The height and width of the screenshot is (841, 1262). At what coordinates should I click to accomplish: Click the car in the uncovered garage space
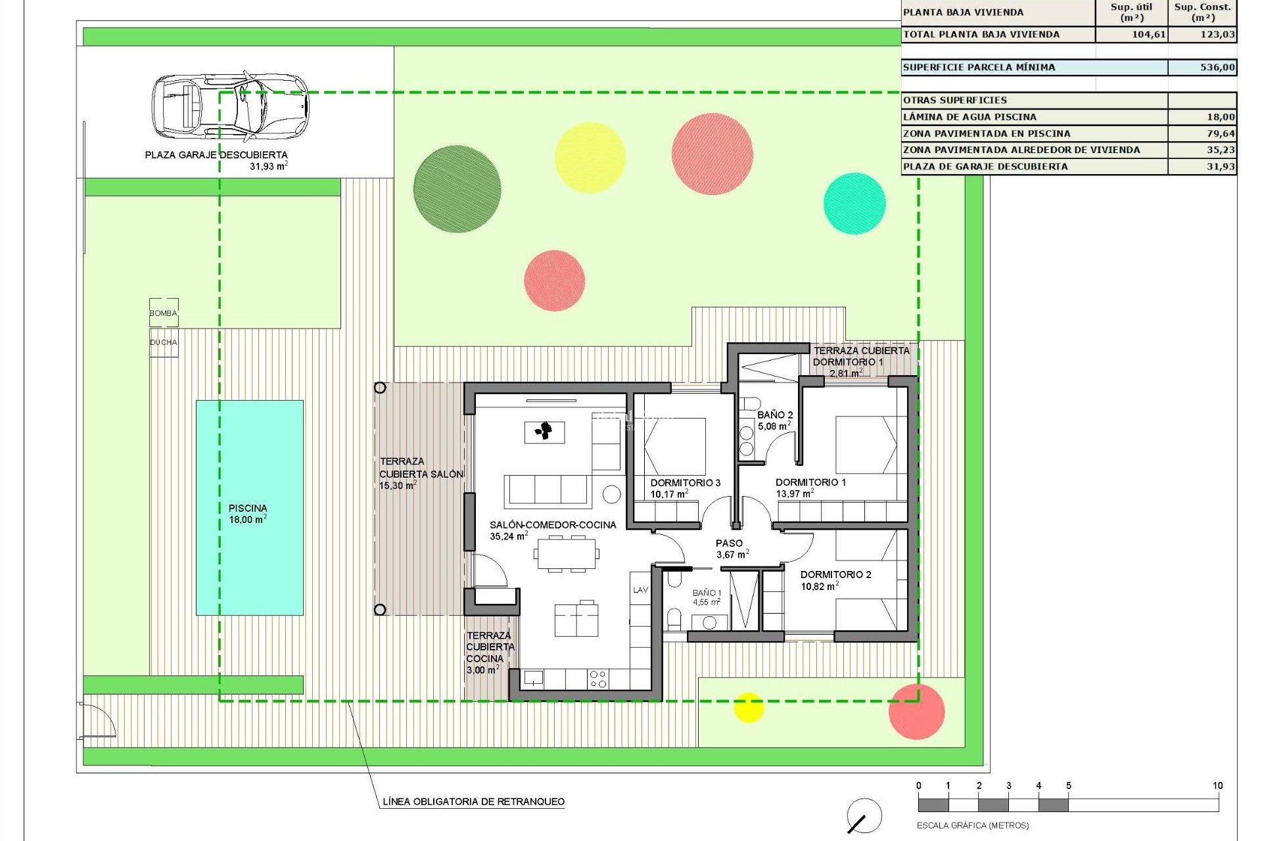click(x=230, y=106)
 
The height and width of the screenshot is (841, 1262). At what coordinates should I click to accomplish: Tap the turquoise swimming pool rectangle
click(x=250, y=507)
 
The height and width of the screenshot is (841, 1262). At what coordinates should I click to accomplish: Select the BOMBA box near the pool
click(x=163, y=313)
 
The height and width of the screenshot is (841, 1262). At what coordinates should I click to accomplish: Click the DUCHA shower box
click(x=163, y=342)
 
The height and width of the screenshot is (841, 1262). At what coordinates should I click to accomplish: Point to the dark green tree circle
click(x=457, y=189)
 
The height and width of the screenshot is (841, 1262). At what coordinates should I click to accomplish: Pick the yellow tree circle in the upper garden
click(x=590, y=157)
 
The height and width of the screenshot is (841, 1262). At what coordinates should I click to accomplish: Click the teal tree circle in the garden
click(x=854, y=203)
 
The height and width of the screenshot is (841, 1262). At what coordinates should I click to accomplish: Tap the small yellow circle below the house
click(x=748, y=707)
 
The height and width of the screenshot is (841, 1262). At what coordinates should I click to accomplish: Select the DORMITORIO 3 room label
click(x=685, y=483)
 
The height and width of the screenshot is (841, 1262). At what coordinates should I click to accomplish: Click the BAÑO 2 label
click(x=775, y=415)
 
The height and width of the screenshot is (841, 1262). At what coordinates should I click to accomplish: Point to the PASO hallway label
click(x=729, y=543)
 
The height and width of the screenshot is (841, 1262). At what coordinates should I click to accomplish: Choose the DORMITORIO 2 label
click(x=835, y=574)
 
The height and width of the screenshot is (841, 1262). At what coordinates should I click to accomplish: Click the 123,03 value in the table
click(x=1217, y=34)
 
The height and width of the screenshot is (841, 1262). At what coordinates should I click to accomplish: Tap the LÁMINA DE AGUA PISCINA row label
click(x=970, y=117)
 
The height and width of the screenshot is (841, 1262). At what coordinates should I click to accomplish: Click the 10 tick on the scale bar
click(x=1217, y=786)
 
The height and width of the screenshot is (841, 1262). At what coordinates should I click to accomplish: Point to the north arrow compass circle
click(x=864, y=816)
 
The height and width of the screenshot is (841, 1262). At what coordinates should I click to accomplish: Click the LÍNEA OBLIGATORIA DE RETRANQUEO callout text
click(x=473, y=802)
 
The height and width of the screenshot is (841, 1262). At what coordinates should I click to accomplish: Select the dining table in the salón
click(x=567, y=553)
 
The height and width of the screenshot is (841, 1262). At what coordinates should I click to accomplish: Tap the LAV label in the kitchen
click(x=640, y=590)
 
